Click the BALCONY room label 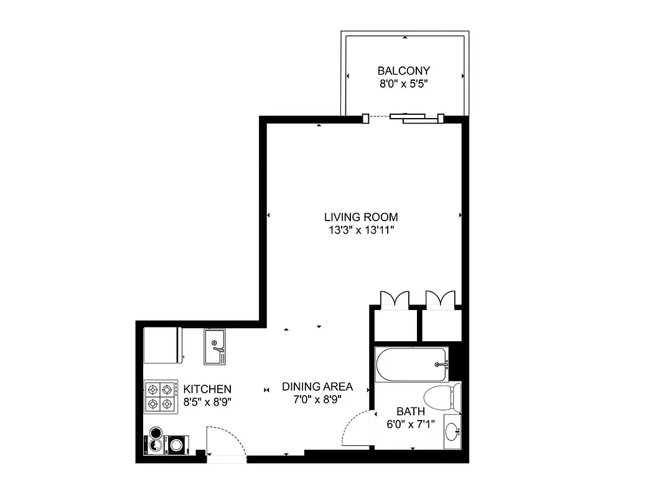(403, 71)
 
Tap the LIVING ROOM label (361, 217)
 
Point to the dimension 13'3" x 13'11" (361, 230)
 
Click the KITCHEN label (207, 389)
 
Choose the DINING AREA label (317, 386)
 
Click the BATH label (411, 411)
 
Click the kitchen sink (215, 347)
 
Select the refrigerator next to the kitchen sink (162, 345)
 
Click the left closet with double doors (394, 323)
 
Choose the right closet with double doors (441, 323)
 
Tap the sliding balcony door (408, 117)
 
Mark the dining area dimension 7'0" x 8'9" (317, 399)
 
